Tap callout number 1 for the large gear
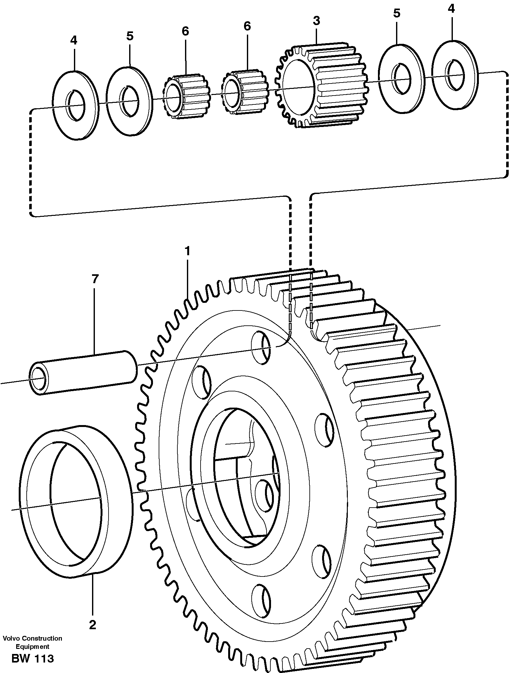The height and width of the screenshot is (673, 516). (x=188, y=251)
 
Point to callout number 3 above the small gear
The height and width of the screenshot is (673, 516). (x=316, y=21)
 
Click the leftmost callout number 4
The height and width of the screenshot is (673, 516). (x=73, y=41)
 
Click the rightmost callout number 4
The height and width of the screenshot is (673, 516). (x=451, y=9)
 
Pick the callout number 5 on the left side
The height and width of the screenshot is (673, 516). (x=130, y=36)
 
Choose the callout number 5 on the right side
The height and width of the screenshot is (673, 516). (x=396, y=13)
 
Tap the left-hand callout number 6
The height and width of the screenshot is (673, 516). (x=185, y=31)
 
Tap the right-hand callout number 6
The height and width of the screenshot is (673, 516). (x=247, y=26)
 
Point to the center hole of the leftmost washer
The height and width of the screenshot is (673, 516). (x=76, y=105)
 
